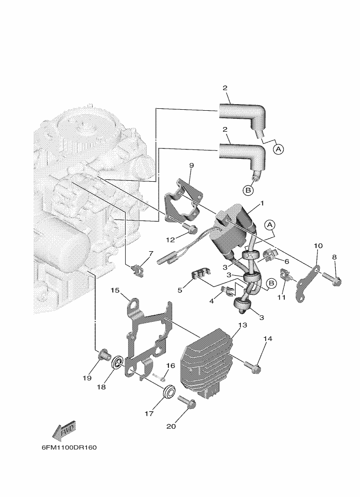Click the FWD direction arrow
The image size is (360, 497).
(64, 432)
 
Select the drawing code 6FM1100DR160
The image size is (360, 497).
(69, 447)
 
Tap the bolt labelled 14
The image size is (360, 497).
(253, 367)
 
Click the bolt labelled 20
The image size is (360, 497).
(187, 402)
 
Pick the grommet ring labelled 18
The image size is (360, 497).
(117, 362)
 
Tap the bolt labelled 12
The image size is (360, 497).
(190, 228)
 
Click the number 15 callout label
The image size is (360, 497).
(115, 290)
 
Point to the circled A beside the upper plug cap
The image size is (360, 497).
(278, 149)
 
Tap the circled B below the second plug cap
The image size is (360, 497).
(248, 190)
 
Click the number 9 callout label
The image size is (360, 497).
(191, 165)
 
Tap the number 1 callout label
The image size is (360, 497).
(262, 203)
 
